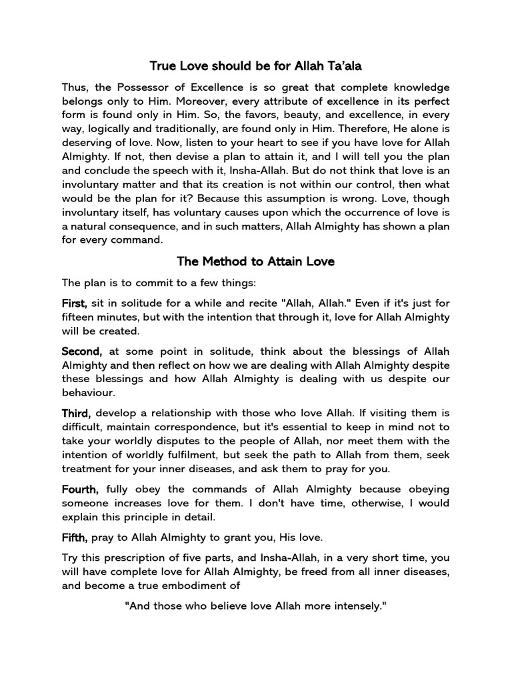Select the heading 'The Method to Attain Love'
(x=255, y=261)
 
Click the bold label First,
(x=75, y=303)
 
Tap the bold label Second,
(x=82, y=352)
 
